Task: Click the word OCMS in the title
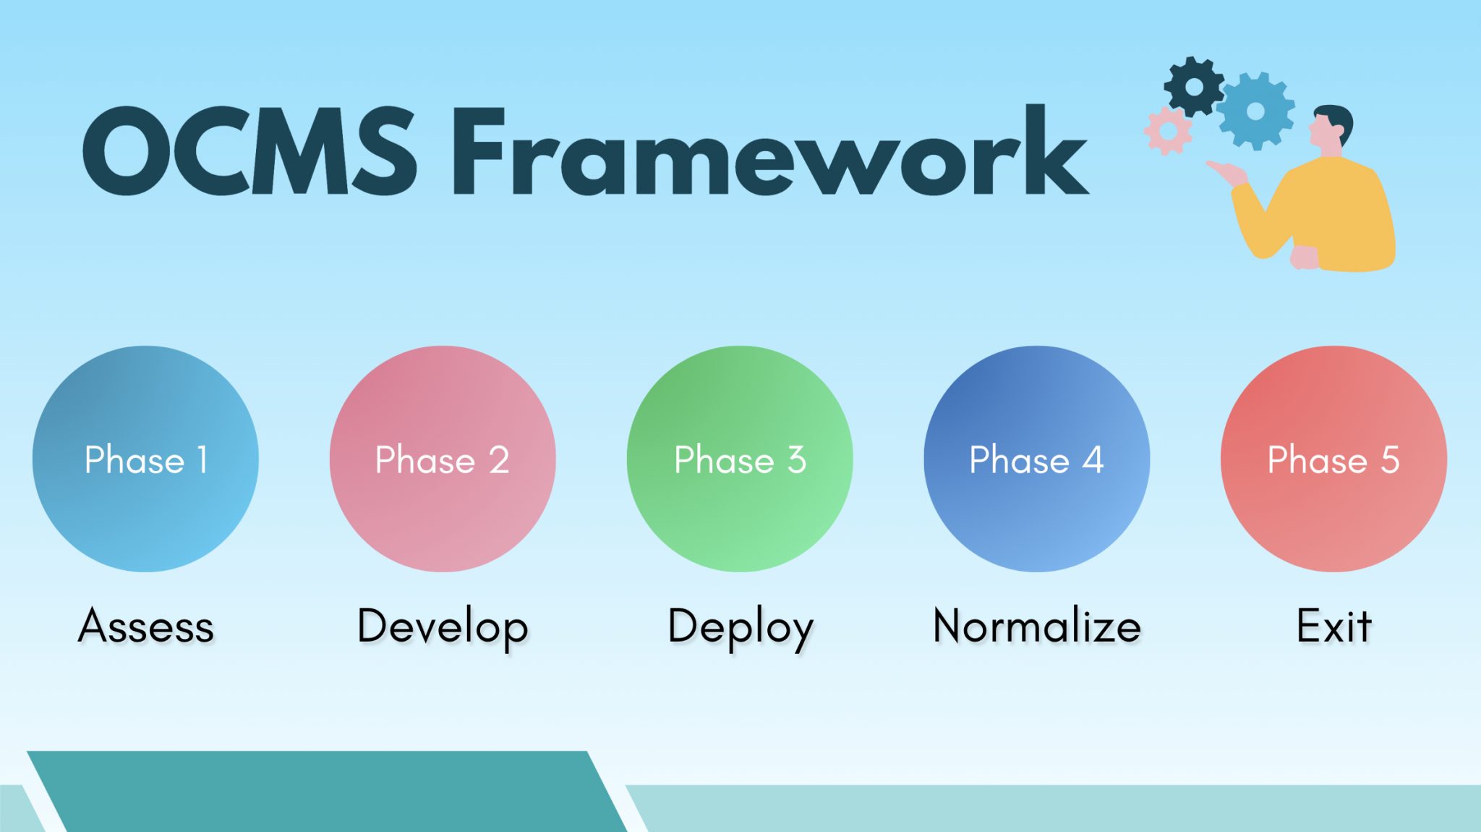click(249, 152)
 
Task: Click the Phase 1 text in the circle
click(145, 460)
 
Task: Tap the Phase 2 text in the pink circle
click(442, 460)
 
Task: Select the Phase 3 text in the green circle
click(740, 460)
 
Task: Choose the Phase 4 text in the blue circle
click(1036, 460)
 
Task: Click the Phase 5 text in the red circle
click(1333, 460)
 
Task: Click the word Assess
click(145, 627)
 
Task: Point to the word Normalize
click(1036, 627)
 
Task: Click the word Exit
click(1333, 627)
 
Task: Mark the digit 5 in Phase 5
click(1390, 460)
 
